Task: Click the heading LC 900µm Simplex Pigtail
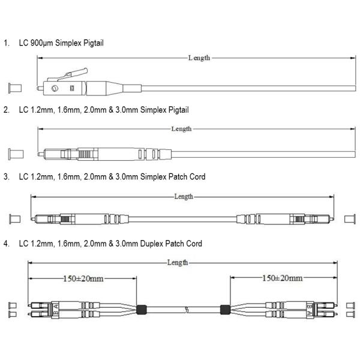61,43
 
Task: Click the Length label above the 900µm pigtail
199,58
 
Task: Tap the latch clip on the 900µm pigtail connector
68,74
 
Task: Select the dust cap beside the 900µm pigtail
15,88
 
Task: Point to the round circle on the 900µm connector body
55,88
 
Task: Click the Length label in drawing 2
181,129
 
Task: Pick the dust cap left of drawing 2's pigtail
16,154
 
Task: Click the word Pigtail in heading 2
179,110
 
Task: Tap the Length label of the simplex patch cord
184,197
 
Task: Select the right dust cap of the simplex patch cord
350,219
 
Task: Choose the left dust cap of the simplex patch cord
14,219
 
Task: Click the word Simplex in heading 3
153,177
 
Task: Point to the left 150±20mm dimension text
83,279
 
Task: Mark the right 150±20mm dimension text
282,278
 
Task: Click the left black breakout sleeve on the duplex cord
142,310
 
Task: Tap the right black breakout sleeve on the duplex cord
225,310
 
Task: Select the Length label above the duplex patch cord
178,262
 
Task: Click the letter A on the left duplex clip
56,306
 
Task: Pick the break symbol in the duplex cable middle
187,310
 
